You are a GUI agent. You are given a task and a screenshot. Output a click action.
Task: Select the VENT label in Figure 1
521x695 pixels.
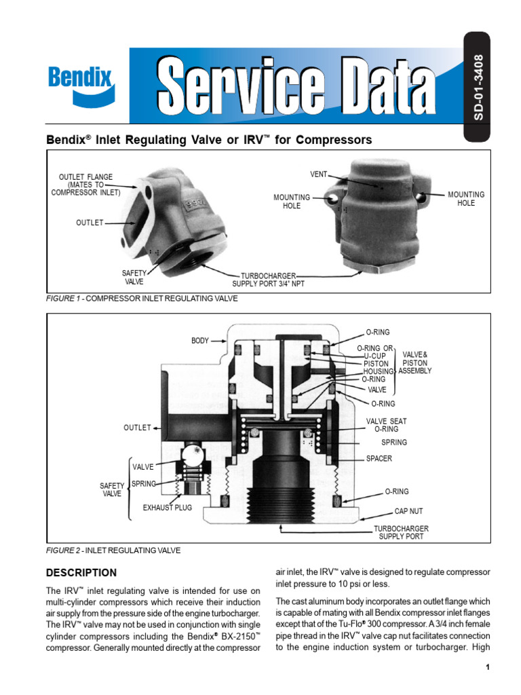pos(319,174)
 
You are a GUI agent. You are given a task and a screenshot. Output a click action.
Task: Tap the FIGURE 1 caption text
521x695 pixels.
pos(142,299)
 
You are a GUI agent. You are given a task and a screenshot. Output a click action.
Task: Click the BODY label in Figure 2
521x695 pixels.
pos(200,340)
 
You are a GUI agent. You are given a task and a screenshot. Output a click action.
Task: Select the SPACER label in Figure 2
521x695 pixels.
pos(379,458)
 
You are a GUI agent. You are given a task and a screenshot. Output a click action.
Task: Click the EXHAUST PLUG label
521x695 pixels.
pos(167,507)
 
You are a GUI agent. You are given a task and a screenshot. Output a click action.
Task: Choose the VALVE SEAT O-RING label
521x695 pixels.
pos(387,425)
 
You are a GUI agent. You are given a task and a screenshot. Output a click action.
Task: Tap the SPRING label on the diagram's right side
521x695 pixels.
pos(394,443)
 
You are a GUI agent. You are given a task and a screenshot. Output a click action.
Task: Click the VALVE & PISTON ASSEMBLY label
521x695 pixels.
pos(415,363)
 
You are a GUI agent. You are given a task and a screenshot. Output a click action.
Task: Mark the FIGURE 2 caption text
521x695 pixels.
pos(113,550)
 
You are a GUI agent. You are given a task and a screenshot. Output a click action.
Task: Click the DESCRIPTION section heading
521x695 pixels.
pos(81,572)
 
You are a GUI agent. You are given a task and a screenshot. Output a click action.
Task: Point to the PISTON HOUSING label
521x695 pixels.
pos(378,368)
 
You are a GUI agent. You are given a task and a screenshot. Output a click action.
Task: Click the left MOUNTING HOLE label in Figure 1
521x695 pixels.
pos(292,201)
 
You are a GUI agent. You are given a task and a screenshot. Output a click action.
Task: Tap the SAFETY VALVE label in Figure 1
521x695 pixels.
pos(134,277)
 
